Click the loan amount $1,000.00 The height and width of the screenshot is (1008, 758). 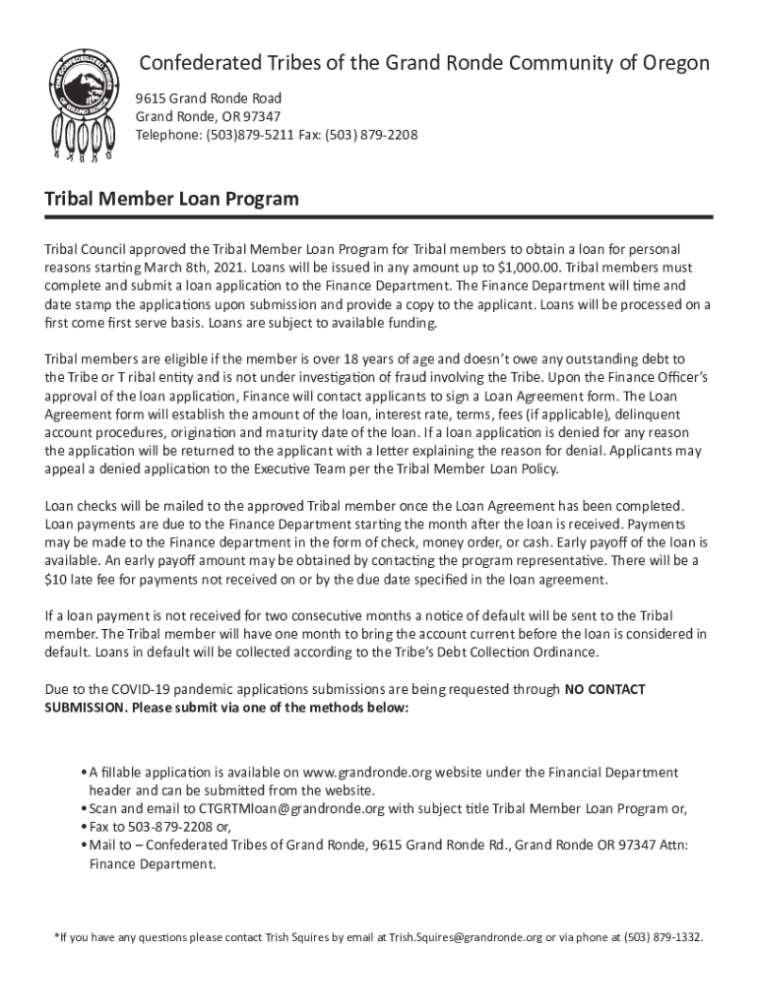531,268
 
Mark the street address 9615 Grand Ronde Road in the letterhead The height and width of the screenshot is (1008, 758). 209,98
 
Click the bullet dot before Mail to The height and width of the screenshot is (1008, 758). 81,846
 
